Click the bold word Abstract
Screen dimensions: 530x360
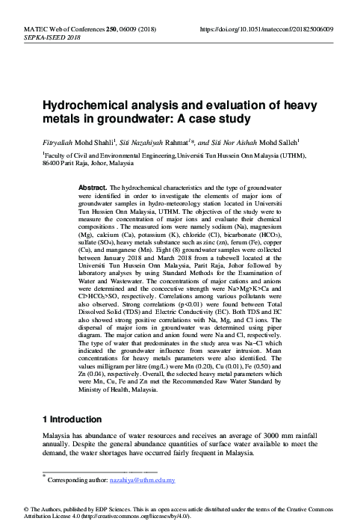(92, 183)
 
